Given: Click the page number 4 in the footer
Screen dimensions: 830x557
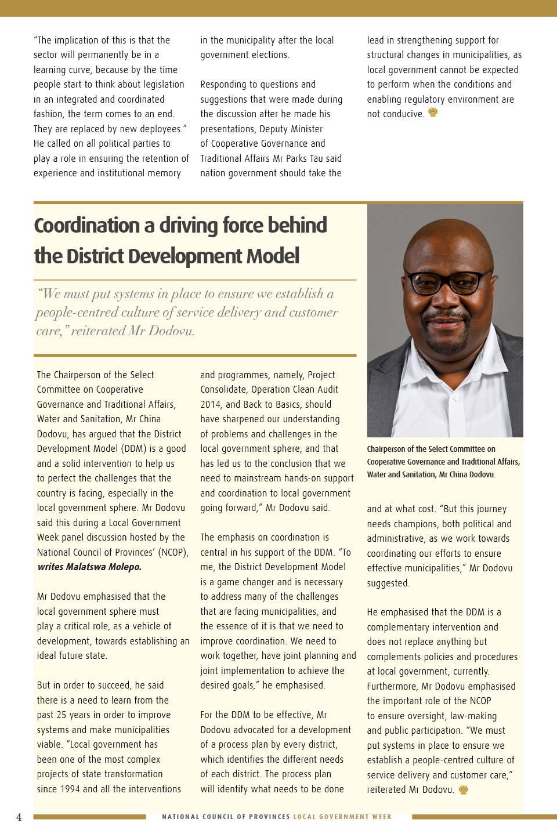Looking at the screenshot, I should pyautogui.click(x=19, y=817).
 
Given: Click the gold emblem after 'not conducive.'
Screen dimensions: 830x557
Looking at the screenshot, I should pyautogui.click(x=433, y=113).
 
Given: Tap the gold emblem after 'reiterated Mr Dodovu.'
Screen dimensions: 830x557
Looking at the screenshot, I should pyautogui.click(x=463, y=789).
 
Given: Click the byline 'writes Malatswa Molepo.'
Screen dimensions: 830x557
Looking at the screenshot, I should pyautogui.click(x=89, y=567).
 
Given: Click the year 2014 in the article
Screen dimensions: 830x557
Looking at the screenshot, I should pyautogui.click(x=211, y=404).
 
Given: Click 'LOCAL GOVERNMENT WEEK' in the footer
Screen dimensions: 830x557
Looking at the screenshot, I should pyautogui.click(x=342, y=817).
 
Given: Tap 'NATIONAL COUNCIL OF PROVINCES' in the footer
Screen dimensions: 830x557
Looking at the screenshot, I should pyautogui.click(x=226, y=817).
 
